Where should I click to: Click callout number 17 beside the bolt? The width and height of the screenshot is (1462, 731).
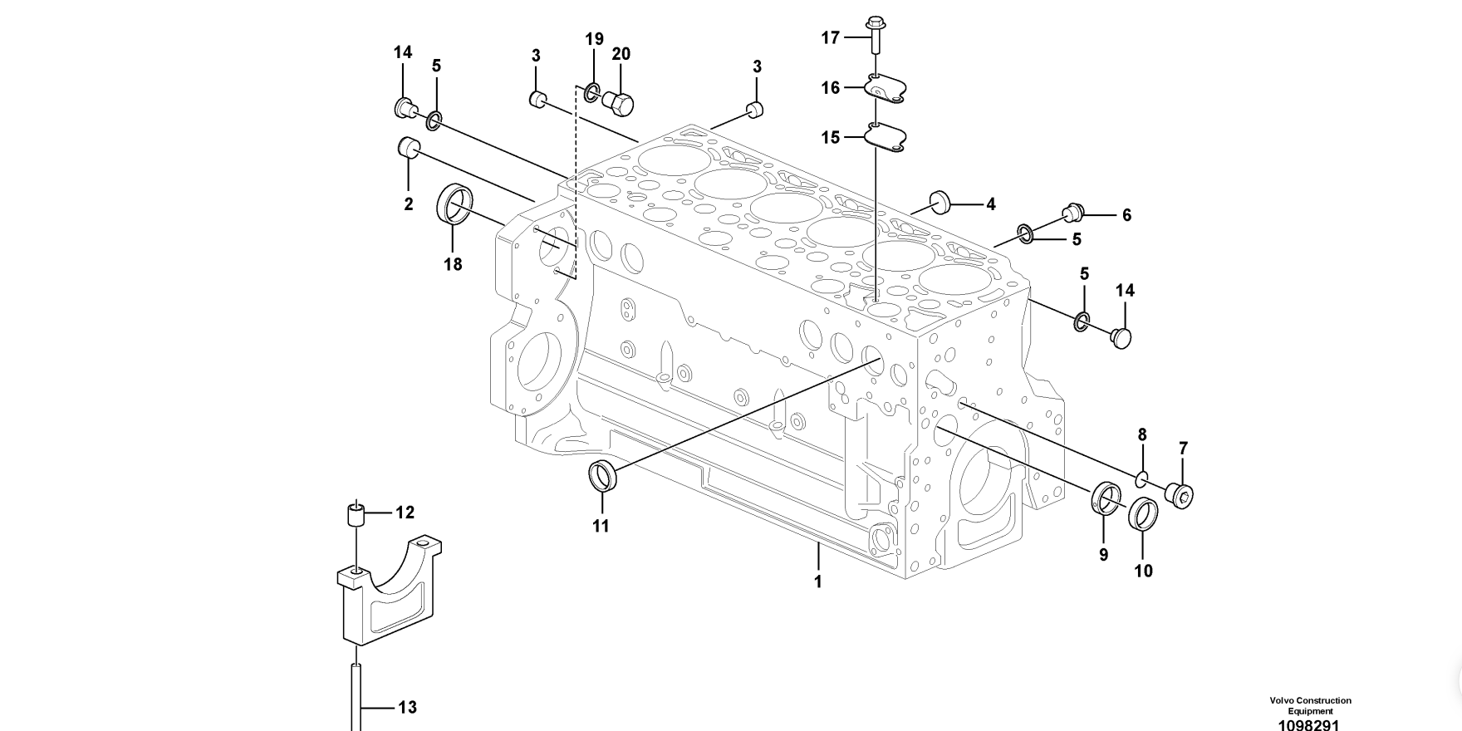(x=831, y=37)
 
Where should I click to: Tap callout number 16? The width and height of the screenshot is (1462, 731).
(x=831, y=87)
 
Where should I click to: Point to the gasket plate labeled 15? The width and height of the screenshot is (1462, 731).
(x=886, y=137)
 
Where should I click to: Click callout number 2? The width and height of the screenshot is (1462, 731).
(x=409, y=204)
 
